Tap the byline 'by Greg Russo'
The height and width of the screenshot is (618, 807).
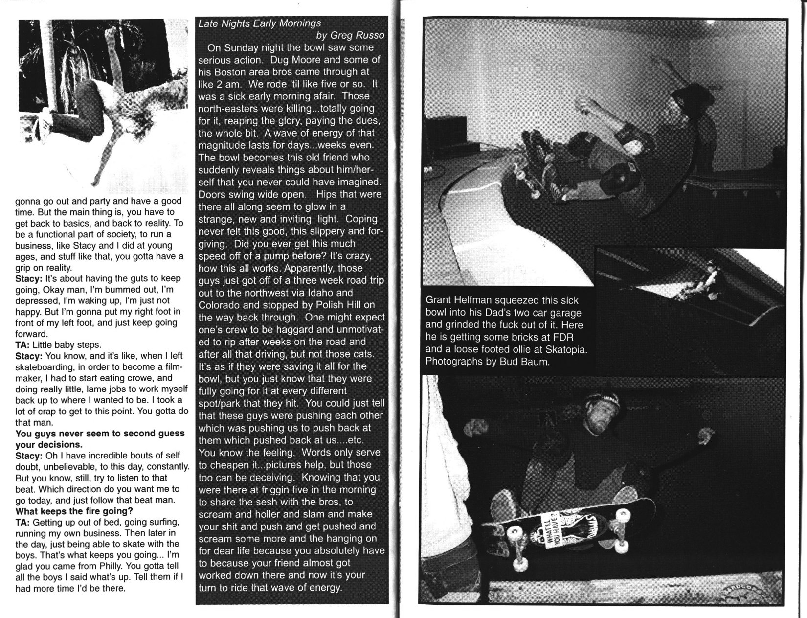pos(350,35)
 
